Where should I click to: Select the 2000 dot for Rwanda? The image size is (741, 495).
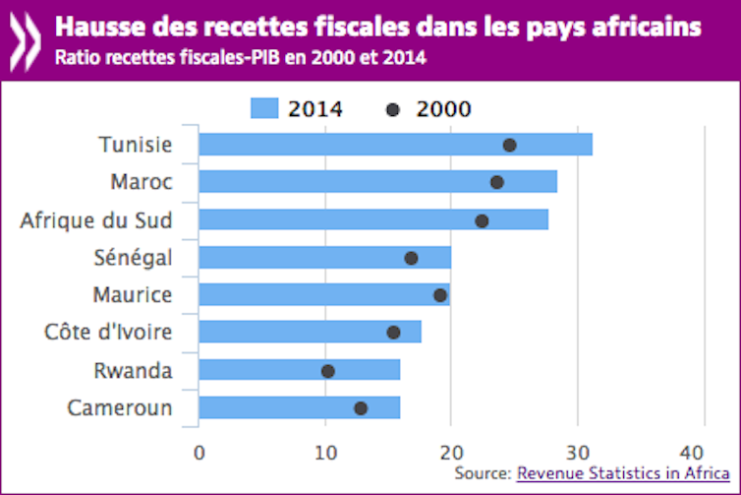[328, 371]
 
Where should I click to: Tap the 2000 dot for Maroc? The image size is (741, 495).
[497, 182]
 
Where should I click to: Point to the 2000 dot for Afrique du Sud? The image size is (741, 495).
[482, 220]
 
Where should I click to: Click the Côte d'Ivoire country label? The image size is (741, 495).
[109, 333]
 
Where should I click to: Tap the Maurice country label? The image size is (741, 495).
[133, 295]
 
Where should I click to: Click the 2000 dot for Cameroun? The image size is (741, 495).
[361, 408]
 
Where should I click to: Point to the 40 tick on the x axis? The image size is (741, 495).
[704, 453]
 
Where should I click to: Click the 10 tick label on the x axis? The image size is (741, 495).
[325, 453]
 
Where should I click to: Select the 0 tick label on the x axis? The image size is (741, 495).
[199, 453]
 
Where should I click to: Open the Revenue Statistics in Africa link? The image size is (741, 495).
[623, 474]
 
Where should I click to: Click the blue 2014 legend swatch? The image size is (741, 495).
[264, 108]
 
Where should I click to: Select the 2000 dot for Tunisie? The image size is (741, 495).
[509, 145]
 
